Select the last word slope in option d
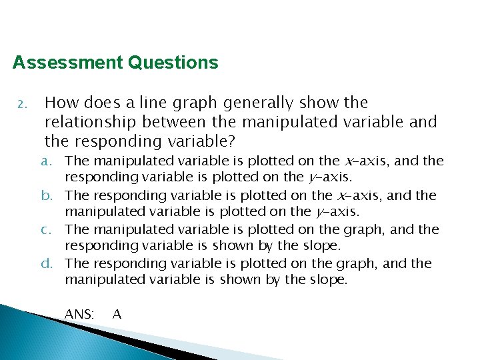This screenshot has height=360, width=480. coord(329,280)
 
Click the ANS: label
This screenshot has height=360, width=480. coord(79,313)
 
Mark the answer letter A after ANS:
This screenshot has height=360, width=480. coord(117,313)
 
